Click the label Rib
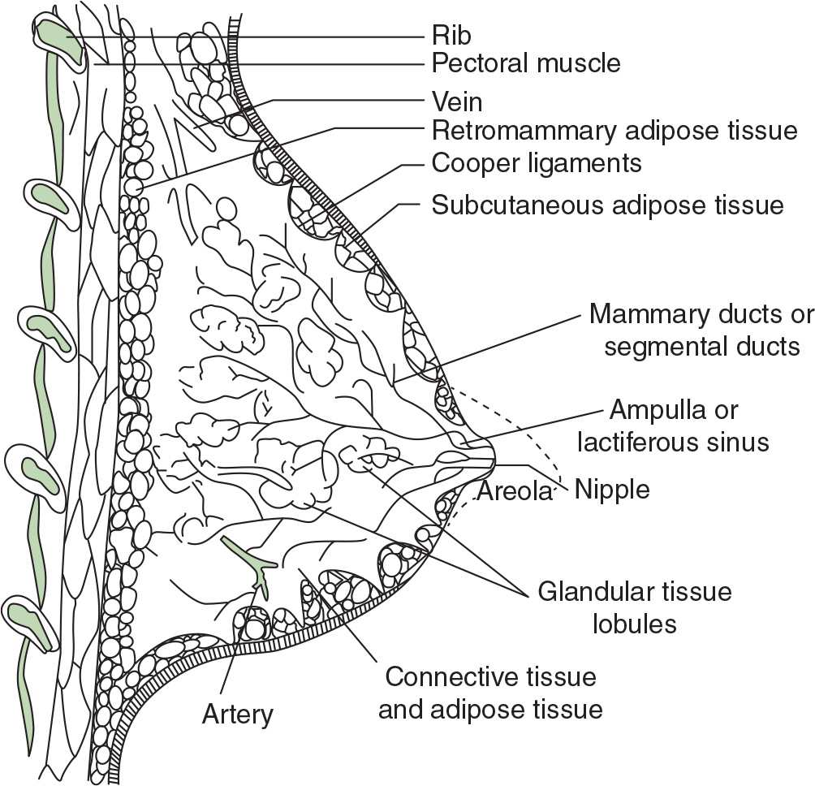(451, 37)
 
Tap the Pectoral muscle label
(526, 63)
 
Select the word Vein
(457, 102)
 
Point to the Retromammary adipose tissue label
(614, 130)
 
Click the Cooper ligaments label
(537, 162)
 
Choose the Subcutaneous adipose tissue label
(607, 205)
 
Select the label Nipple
(611, 490)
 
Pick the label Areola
(515, 491)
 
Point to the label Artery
(238, 715)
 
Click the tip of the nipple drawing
(492, 455)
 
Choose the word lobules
(635, 624)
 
